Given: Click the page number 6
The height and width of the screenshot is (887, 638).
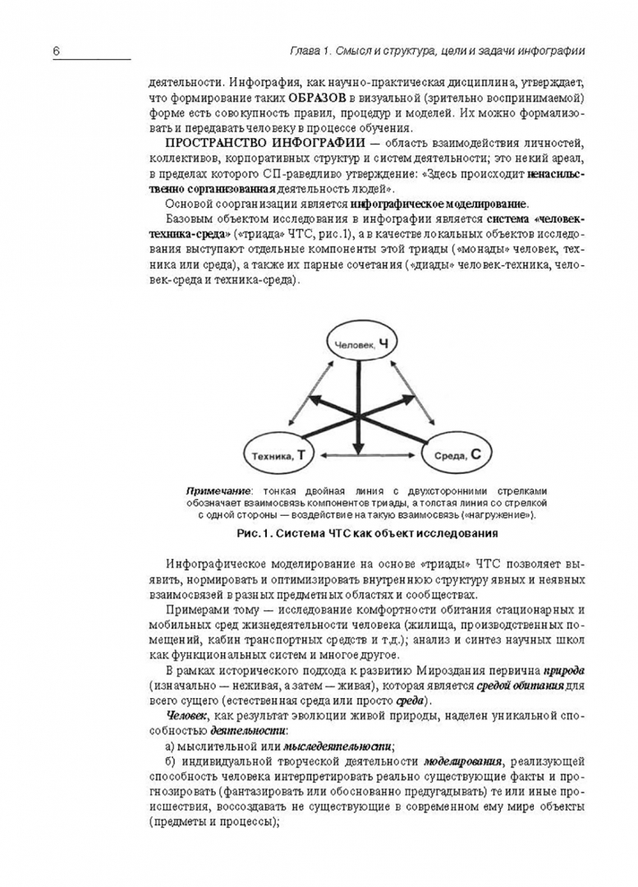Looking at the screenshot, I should [57, 51].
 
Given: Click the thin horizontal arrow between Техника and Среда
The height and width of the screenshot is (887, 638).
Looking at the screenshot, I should [361, 453].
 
